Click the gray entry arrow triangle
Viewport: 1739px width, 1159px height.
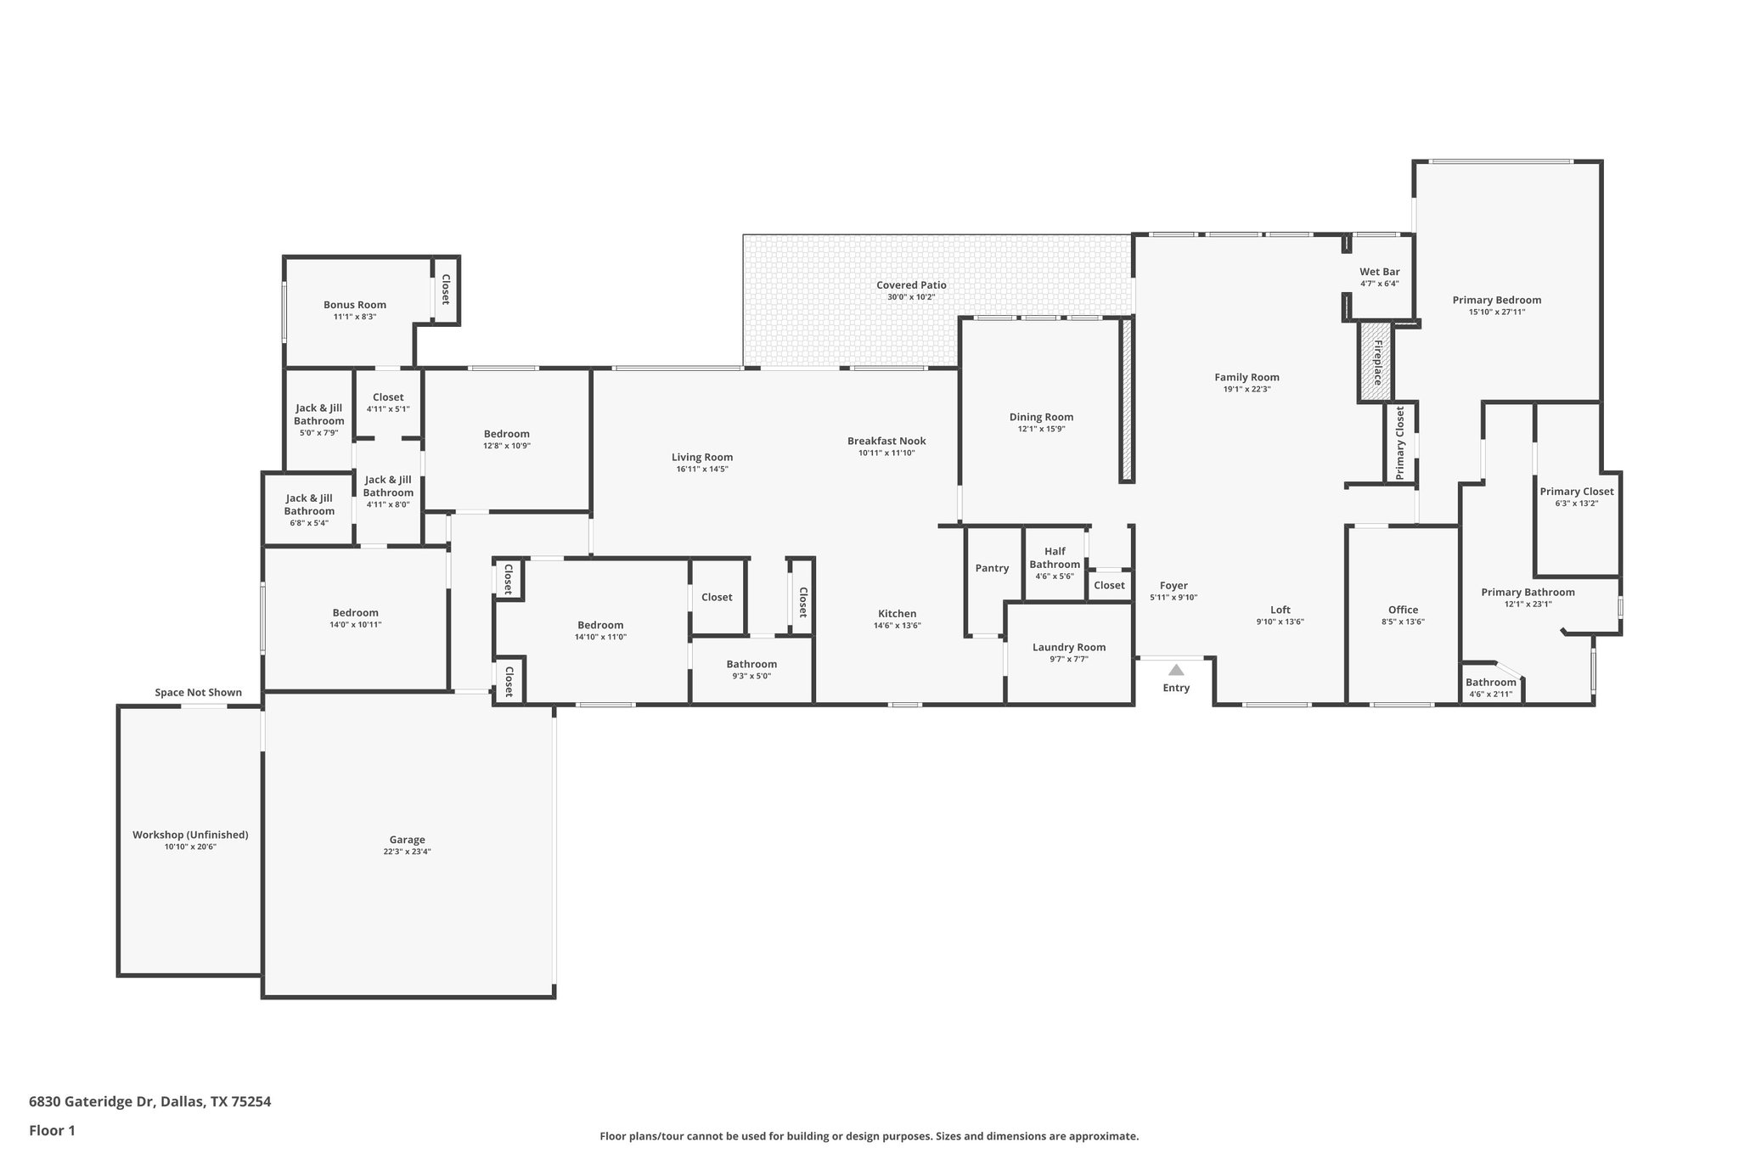coord(1176,670)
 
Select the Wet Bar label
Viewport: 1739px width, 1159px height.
coord(1379,272)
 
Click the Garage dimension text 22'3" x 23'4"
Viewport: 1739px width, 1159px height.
coord(407,852)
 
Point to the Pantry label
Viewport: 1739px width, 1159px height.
coord(992,568)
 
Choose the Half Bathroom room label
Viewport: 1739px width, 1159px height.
coord(1055,558)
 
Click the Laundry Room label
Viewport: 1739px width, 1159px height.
coord(1069,647)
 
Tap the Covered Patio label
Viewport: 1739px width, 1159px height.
coord(911,285)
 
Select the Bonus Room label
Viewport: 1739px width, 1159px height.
coord(354,305)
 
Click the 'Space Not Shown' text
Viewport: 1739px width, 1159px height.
coord(198,693)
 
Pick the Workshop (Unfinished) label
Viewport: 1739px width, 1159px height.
coord(190,835)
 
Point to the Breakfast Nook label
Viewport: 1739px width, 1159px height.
coord(886,441)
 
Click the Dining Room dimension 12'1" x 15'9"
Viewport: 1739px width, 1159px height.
coord(1041,429)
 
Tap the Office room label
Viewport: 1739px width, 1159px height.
coord(1403,610)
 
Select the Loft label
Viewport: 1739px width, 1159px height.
coord(1280,610)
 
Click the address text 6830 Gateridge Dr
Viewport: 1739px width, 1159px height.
coord(92,1102)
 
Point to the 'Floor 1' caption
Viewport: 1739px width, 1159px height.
coord(52,1131)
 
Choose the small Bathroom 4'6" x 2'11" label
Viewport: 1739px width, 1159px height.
coord(1490,683)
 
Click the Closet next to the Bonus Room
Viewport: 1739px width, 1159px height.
coord(445,290)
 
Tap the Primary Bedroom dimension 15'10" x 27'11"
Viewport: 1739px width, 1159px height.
coord(1496,312)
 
